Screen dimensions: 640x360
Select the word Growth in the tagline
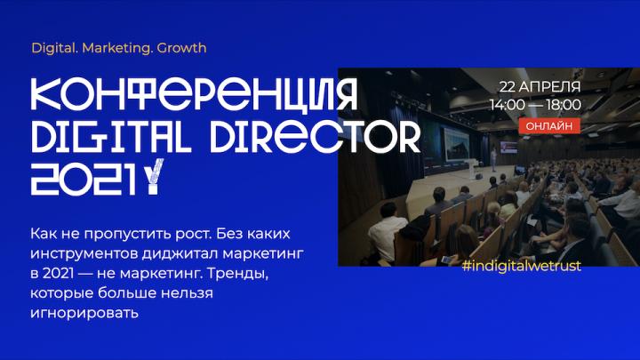[x=181, y=48]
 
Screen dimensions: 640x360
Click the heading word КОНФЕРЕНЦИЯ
[x=195, y=94]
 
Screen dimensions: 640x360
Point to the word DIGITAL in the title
[x=111, y=135]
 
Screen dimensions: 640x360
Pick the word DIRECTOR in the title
[x=315, y=135]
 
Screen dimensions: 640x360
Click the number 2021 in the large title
[x=83, y=180]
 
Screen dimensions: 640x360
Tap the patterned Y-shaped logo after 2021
[x=154, y=176]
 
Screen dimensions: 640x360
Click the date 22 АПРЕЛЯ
[x=540, y=86]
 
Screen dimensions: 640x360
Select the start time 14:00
[x=508, y=105]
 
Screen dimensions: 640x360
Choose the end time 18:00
[x=564, y=105]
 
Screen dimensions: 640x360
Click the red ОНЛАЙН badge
[x=549, y=125]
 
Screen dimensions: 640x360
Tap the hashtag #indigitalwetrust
[x=521, y=266]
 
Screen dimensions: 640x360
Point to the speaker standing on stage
[x=494, y=159]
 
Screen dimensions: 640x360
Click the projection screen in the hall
[x=457, y=144]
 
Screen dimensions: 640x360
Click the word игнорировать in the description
[x=84, y=314]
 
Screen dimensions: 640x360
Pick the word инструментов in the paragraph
[x=84, y=254]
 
